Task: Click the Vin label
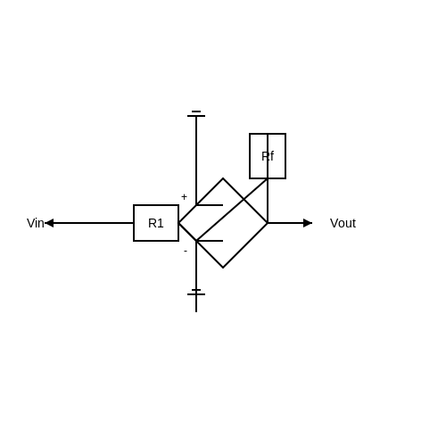tap(36, 223)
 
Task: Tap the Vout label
tap(343, 223)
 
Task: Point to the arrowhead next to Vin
tap(49, 223)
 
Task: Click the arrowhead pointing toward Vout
tap(308, 223)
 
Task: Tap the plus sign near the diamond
tap(184, 197)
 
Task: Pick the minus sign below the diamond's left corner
tap(186, 252)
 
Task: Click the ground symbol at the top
tap(196, 114)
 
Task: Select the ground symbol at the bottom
tap(196, 293)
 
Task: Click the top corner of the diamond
tap(223, 178)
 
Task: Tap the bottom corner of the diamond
tap(223, 268)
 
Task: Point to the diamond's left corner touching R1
tap(178, 223)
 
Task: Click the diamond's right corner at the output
tap(268, 223)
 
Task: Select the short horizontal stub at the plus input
tap(210, 205)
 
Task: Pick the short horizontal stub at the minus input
tap(210, 241)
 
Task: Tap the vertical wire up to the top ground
tap(196, 161)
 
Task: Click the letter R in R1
tap(152, 223)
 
